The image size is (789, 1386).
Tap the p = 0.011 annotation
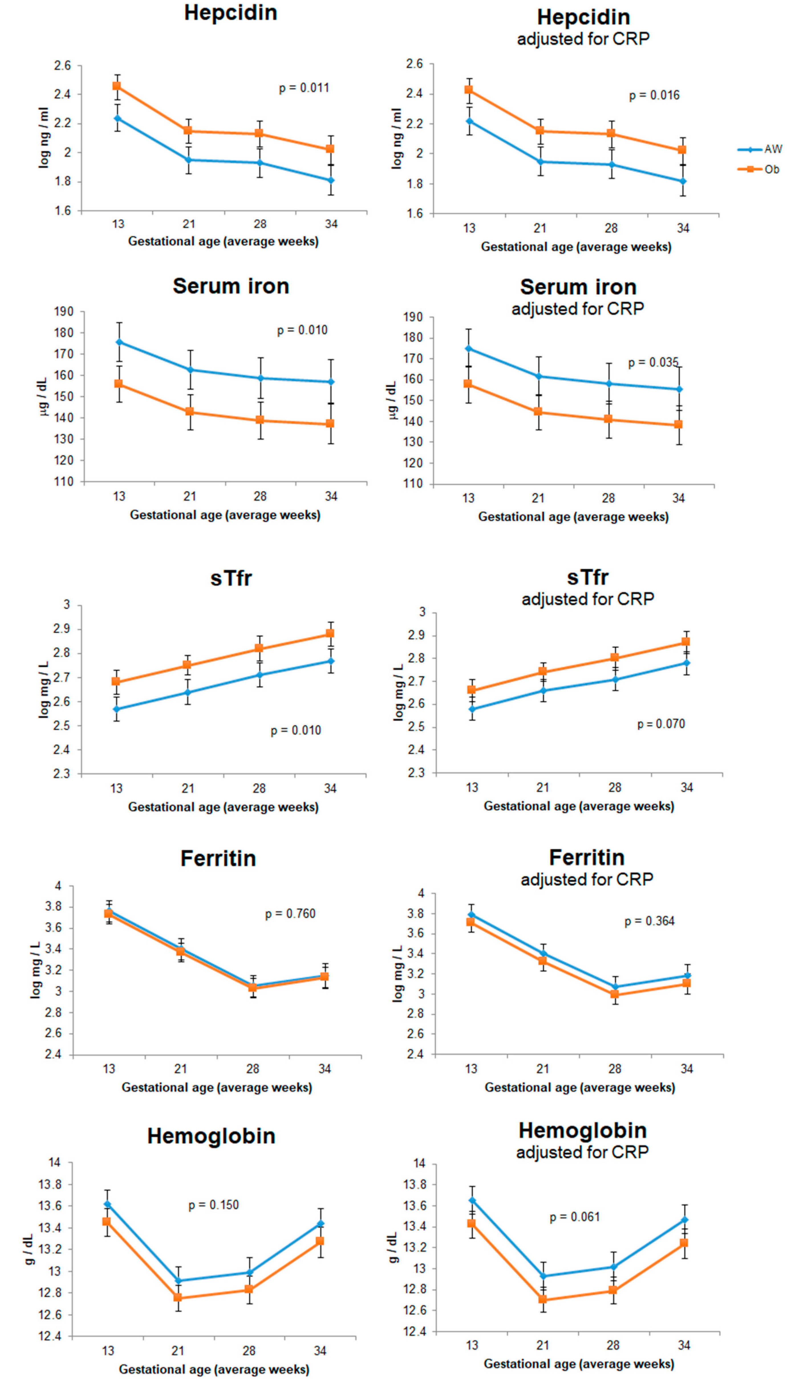(304, 88)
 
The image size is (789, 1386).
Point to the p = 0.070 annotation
(661, 724)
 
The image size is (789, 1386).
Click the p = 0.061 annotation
(575, 1217)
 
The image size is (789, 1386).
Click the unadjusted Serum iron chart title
(231, 286)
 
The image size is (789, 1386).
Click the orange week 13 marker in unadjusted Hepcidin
(117, 86)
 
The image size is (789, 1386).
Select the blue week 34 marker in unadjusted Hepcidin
(330, 180)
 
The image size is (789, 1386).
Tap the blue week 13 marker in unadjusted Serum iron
(119, 342)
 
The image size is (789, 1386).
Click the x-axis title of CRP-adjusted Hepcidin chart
(576, 247)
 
